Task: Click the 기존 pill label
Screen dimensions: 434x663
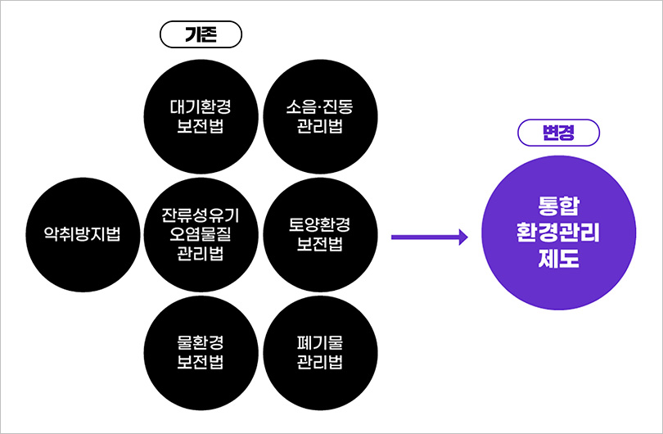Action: pos(201,36)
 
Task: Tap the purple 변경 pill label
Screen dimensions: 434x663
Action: pos(559,133)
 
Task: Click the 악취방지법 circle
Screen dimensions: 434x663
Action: pos(82,234)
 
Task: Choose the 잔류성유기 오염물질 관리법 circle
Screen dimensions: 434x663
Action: pos(201,234)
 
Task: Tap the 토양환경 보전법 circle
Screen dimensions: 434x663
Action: pos(320,234)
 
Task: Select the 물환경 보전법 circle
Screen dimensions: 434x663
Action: pos(201,351)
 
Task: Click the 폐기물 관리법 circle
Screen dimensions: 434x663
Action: pos(320,351)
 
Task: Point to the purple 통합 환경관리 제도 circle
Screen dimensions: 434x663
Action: pos(559,233)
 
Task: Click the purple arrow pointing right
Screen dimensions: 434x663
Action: pos(429,237)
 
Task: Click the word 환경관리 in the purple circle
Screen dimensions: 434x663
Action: pos(559,233)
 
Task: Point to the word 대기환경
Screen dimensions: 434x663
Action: pos(201,107)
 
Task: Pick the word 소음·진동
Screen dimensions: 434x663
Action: pos(320,107)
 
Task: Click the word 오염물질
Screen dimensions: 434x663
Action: pos(201,234)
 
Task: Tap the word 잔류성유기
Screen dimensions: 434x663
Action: pos(201,216)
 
